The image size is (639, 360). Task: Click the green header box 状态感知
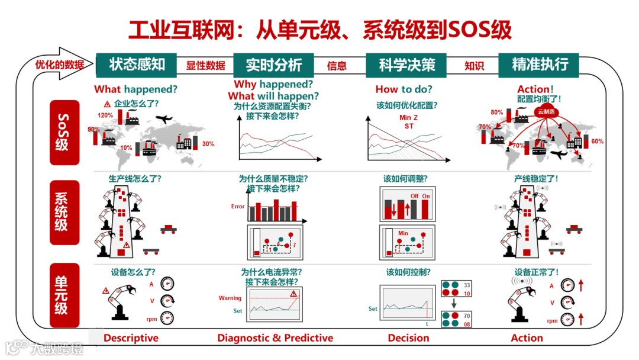click(x=136, y=65)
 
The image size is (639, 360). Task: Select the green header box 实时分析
click(x=273, y=65)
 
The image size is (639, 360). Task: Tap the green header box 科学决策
click(x=406, y=65)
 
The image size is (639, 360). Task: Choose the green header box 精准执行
click(x=539, y=65)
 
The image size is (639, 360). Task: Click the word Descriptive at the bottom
click(x=131, y=338)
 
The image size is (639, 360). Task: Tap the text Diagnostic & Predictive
click(x=275, y=338)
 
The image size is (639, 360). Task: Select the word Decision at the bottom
click(x=408, y=338)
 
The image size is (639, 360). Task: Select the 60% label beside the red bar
click(x=597, y=142)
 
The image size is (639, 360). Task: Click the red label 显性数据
click(x=206, y=66)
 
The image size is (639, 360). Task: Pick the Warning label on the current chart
click(x=230, y=298)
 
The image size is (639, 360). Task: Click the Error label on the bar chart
click(x=237, y=207)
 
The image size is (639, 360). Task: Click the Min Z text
click(x=408, y=117)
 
